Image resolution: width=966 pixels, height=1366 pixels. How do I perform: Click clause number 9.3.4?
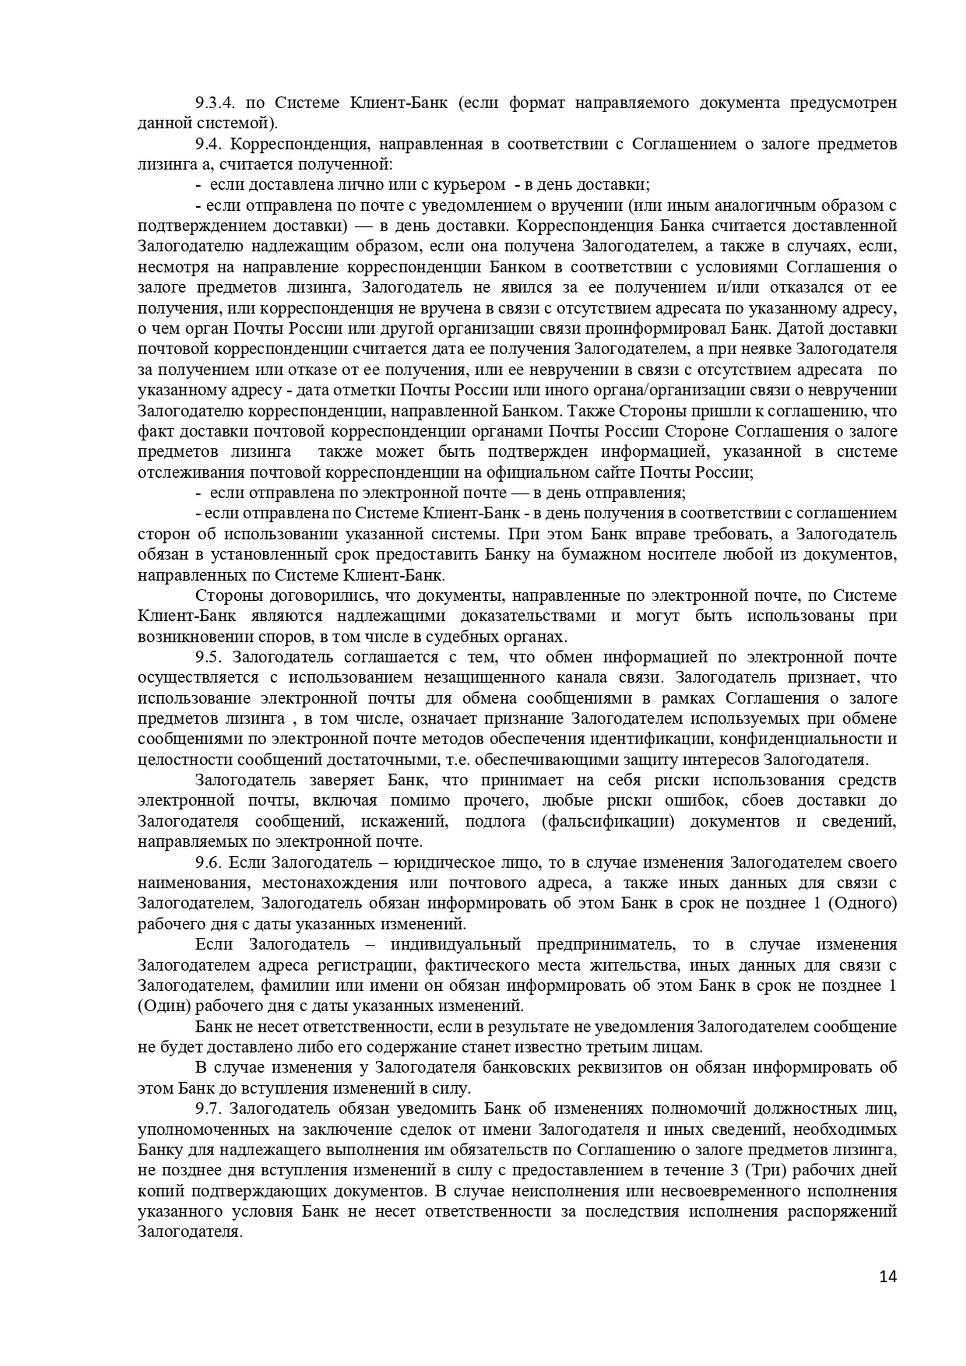click(215, 103)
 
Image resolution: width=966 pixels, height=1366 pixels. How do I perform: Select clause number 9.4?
click(208, 144)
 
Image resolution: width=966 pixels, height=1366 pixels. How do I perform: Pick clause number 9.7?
click(208, 1108)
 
